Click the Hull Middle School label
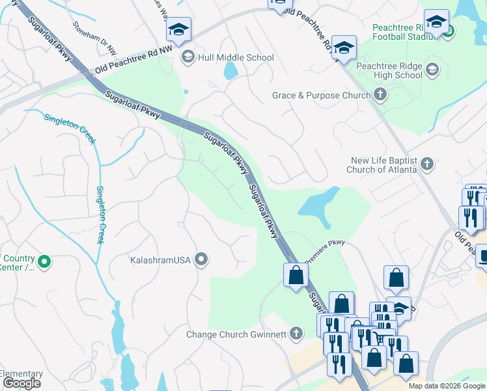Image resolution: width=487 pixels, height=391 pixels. (x=236, y=57)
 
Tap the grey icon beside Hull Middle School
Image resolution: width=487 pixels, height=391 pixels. (x=188, y=57)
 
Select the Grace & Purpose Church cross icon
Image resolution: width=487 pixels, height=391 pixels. (x=380, y=95)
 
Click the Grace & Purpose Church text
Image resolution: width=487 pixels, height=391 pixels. (x=321, y=95)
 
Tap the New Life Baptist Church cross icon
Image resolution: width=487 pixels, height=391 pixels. (x=427, y=164)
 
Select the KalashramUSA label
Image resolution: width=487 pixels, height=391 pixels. (x=160, y=260)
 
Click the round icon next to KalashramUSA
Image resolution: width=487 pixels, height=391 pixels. (x=202, y=260)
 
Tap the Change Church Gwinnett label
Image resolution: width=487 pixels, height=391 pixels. (x=236, y=334)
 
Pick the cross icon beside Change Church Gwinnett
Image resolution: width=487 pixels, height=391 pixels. (x=296, y=334)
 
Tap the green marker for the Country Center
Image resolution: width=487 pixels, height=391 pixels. (x=44, y=263)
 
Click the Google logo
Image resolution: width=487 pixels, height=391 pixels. (x=21, y=383)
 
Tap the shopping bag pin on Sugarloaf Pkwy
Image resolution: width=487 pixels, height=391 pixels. (x=296, y=274)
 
